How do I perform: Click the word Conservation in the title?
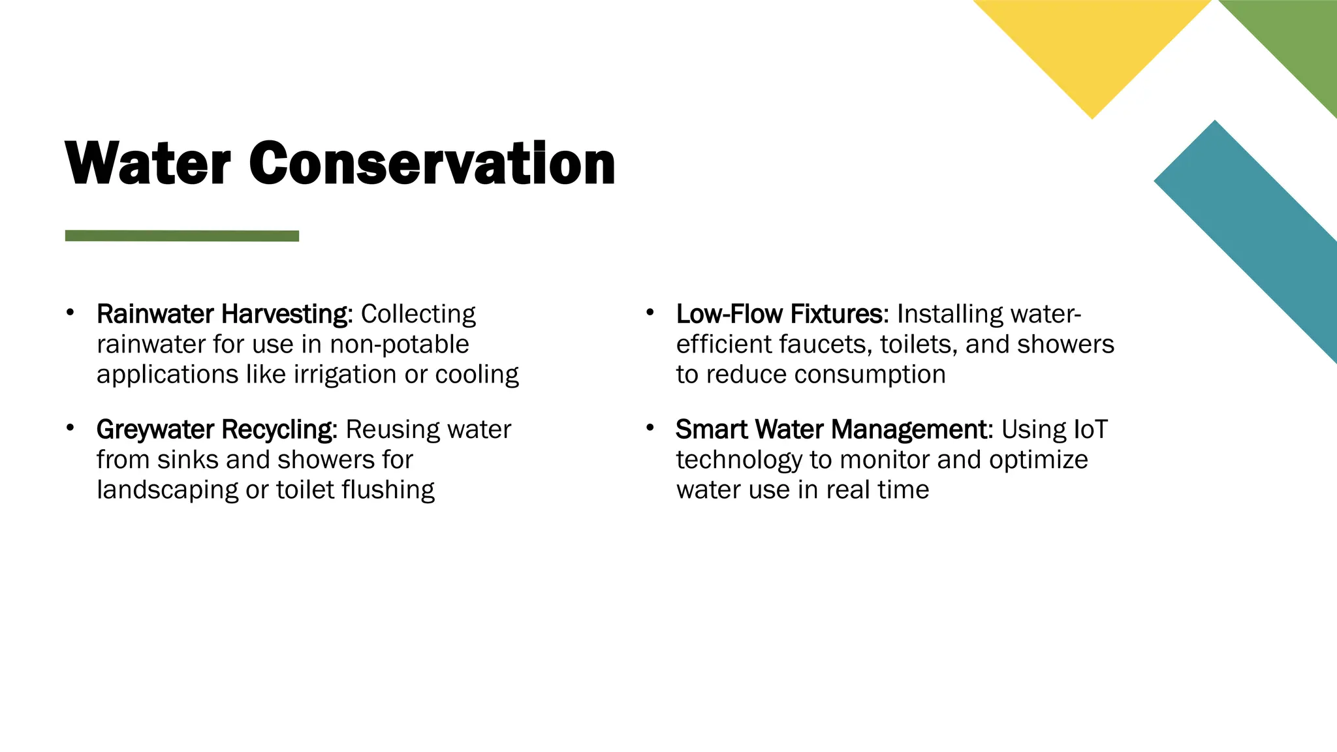tap(432, 163)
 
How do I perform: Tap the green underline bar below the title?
tap(181, 236)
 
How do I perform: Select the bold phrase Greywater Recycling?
tap(216, 430)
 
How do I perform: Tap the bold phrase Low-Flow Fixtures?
tap(781, 314)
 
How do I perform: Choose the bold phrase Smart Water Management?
tap(834, 430)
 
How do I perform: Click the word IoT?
tap(1090, 430)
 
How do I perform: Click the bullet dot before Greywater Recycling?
tap(70, 428)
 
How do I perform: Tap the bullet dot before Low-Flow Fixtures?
tap(650, 313)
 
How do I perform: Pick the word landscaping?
tap(167, 490)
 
